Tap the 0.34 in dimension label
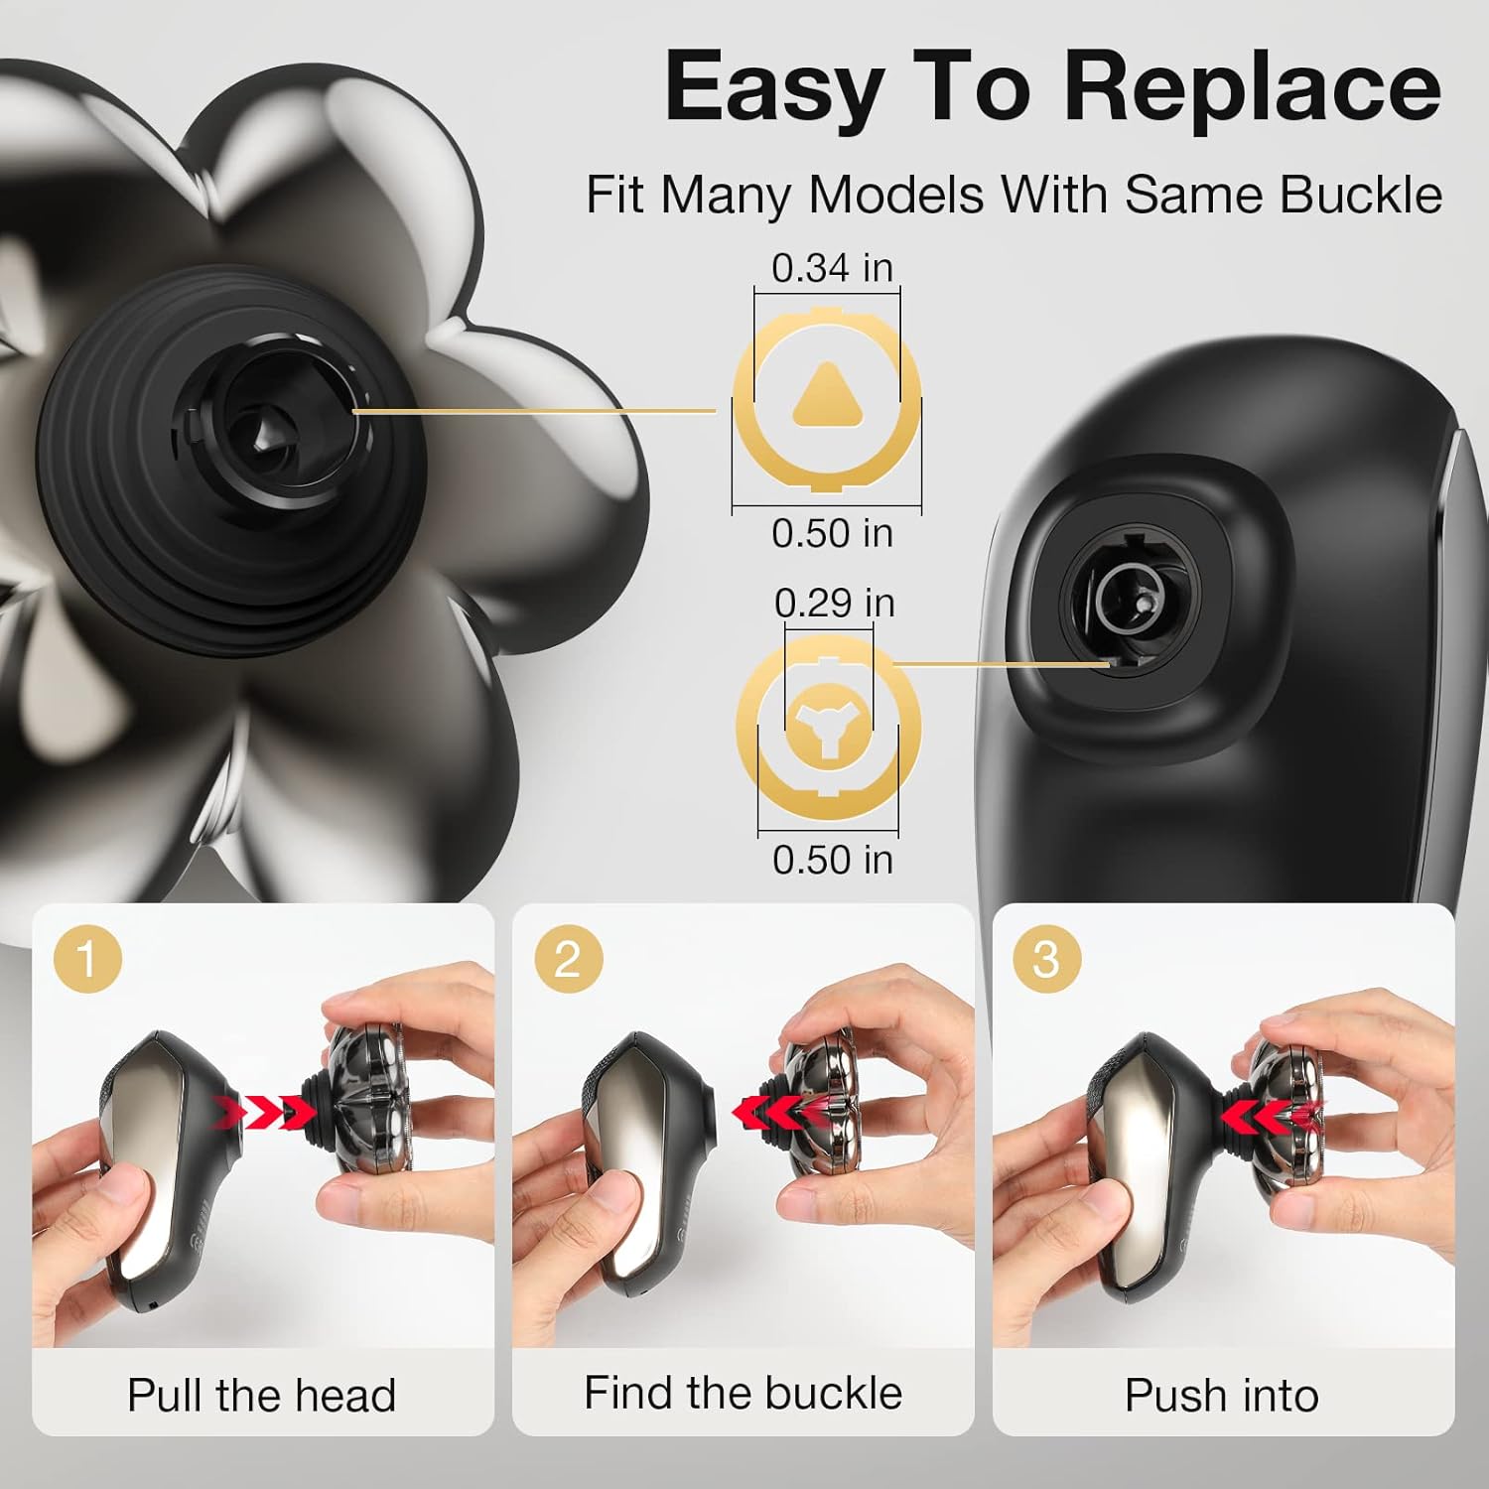832,268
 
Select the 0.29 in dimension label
834,603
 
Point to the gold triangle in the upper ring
826,395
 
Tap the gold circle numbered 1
87,960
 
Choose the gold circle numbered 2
567,960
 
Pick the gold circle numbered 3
1045,960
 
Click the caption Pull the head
262,1396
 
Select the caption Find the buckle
743,1393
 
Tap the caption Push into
1221,1396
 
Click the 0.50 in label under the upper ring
832,533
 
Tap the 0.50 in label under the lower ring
832,860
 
